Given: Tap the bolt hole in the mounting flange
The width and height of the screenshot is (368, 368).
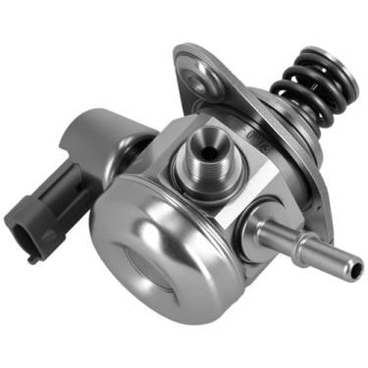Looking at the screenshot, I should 201,72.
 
